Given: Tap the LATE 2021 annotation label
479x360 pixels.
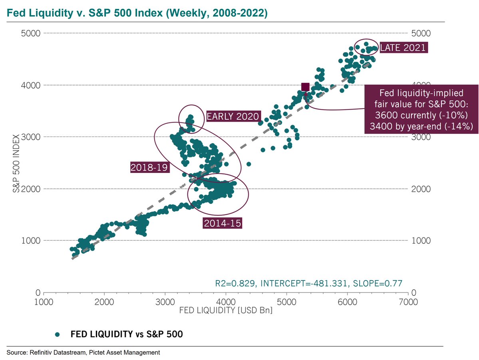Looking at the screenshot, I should pos(403,47).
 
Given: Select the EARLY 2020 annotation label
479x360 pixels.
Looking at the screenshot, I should pos(233,117).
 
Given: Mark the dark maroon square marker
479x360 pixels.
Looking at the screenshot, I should pos(305,87).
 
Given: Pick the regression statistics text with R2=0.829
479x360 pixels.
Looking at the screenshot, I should pos(308,283).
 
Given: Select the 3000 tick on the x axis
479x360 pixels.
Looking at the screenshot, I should pos(165,302).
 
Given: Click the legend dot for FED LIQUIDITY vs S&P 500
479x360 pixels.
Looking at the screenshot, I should pos(58,334).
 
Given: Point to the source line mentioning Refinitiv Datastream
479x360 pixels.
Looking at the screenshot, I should pos(83,352).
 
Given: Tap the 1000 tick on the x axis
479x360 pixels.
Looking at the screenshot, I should pos(44,302).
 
